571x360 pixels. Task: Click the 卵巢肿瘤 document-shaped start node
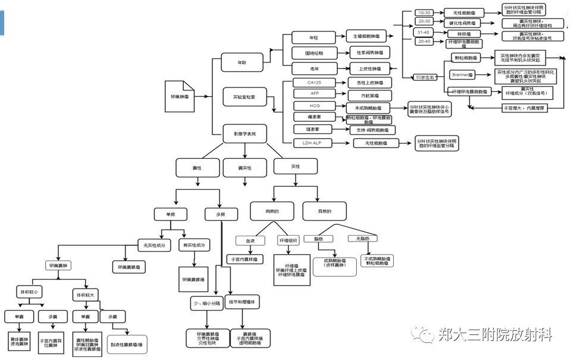(x=179, y=95)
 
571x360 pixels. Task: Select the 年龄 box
(x=241, y=62)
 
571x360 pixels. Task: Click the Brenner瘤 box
(x=462, y=75)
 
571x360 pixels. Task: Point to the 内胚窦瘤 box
(x=369, y=95)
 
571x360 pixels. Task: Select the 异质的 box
(x=324, y=211)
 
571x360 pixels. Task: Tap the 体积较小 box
(x=29, y=292)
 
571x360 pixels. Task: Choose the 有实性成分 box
(x=195, y=245)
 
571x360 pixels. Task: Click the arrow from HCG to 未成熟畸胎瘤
(x=337, y=108)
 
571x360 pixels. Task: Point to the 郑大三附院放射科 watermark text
(x=494, y=334)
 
